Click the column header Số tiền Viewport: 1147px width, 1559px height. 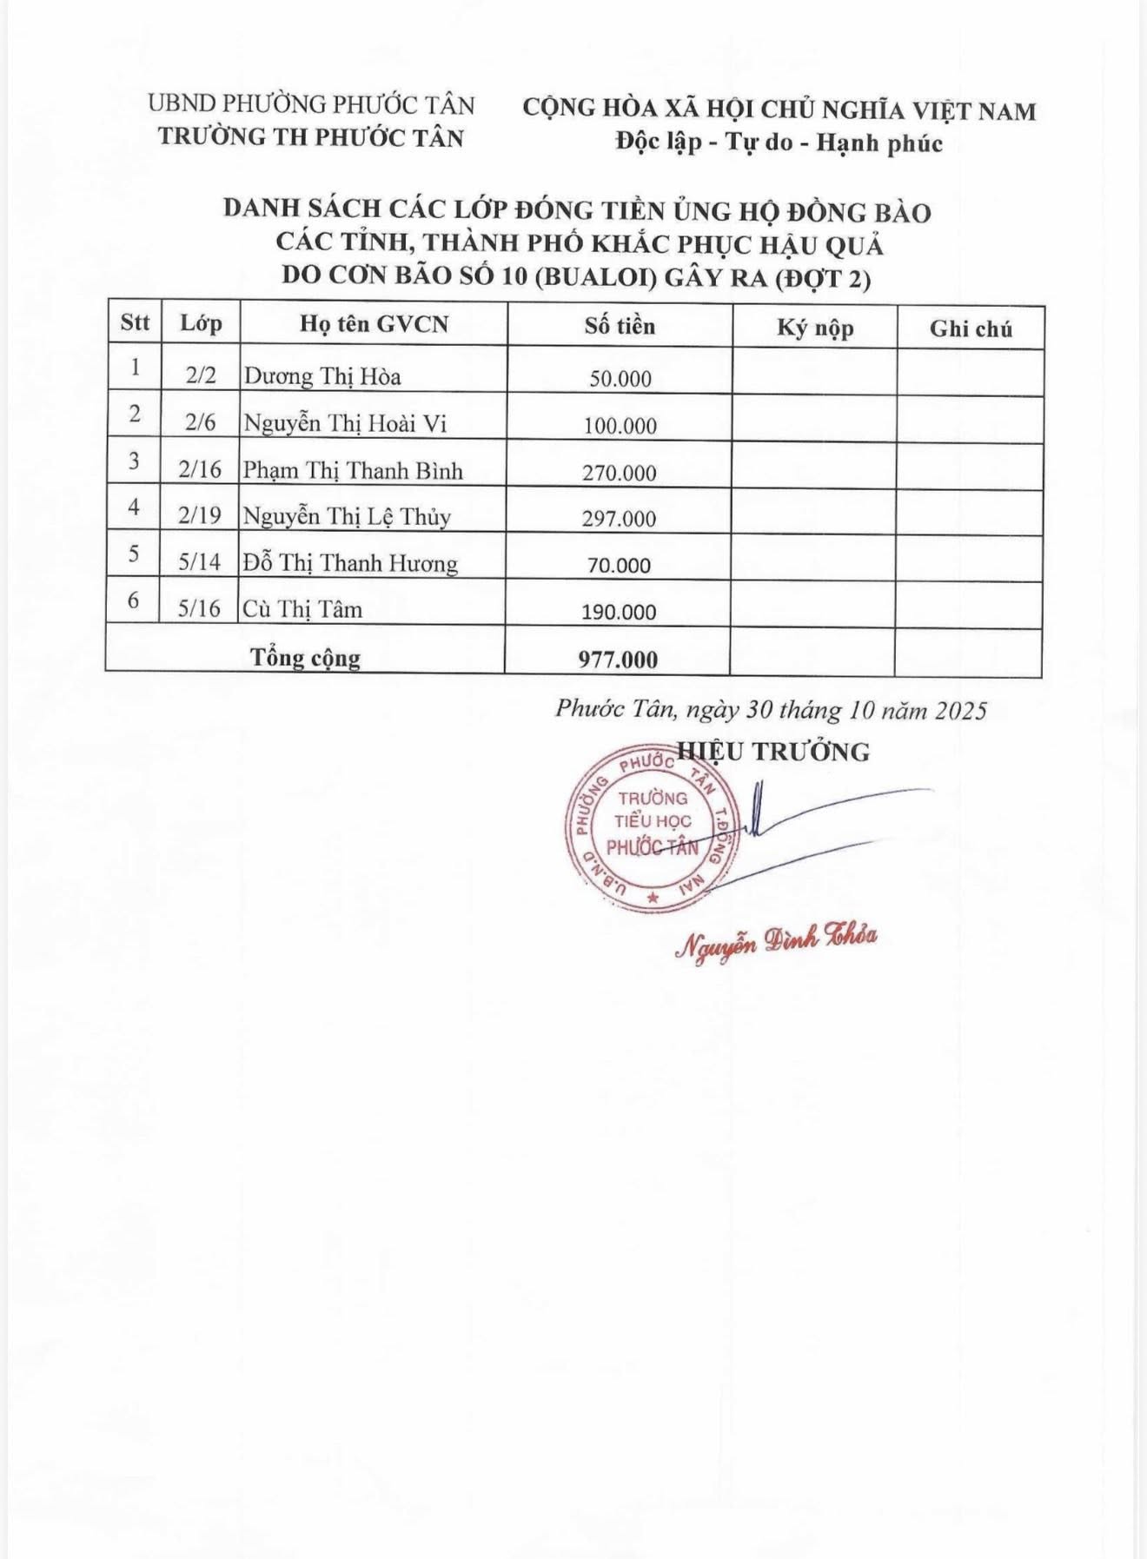click(x=620, y=326)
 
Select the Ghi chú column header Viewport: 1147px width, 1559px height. click(x=971, y=328)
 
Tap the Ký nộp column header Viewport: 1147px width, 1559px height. click(x=815, y=328)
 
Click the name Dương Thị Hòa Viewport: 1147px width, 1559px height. click(x=322, y=376)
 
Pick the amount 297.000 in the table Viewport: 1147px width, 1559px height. click(x=620, y=519)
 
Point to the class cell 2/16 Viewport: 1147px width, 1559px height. click(x=200, y=469)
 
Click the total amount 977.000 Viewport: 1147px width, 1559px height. click(x=618, y=660)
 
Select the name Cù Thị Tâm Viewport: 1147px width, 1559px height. click(x=302, y=609)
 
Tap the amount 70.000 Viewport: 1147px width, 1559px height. click(x=619, y=566)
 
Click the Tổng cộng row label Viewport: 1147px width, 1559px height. click(x=305, y=657)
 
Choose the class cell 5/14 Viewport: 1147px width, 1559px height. click(x=200, y=562)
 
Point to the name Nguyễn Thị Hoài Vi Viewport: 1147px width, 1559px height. click(x=345, y=423)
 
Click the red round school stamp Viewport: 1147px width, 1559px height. click(x=652, y=827)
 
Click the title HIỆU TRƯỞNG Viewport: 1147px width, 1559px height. click(x=773, y=752)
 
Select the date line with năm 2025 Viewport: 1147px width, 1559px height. click(x=771, y=710)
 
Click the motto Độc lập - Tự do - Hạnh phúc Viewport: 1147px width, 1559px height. click(x=779, y=143)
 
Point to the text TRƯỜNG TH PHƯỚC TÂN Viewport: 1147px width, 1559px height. click(x=311, y=137)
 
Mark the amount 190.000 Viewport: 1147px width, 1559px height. click(x=619, y=612)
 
